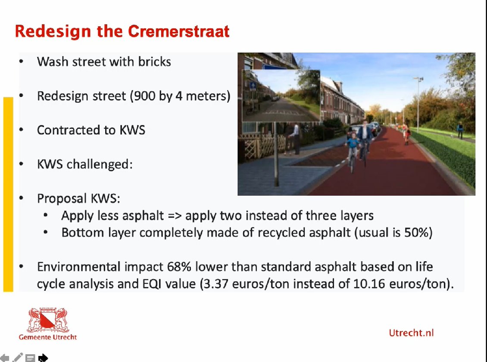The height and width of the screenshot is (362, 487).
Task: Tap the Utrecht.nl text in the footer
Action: (x=411, y=333)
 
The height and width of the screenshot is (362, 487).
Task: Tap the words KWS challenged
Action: (x=84, y=164)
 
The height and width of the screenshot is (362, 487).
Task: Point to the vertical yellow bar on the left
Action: (x=8, y=194)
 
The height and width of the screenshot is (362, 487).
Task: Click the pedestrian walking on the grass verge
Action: (x=460, y=130)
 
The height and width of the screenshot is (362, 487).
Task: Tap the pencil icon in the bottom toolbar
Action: (x=18, y=357)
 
